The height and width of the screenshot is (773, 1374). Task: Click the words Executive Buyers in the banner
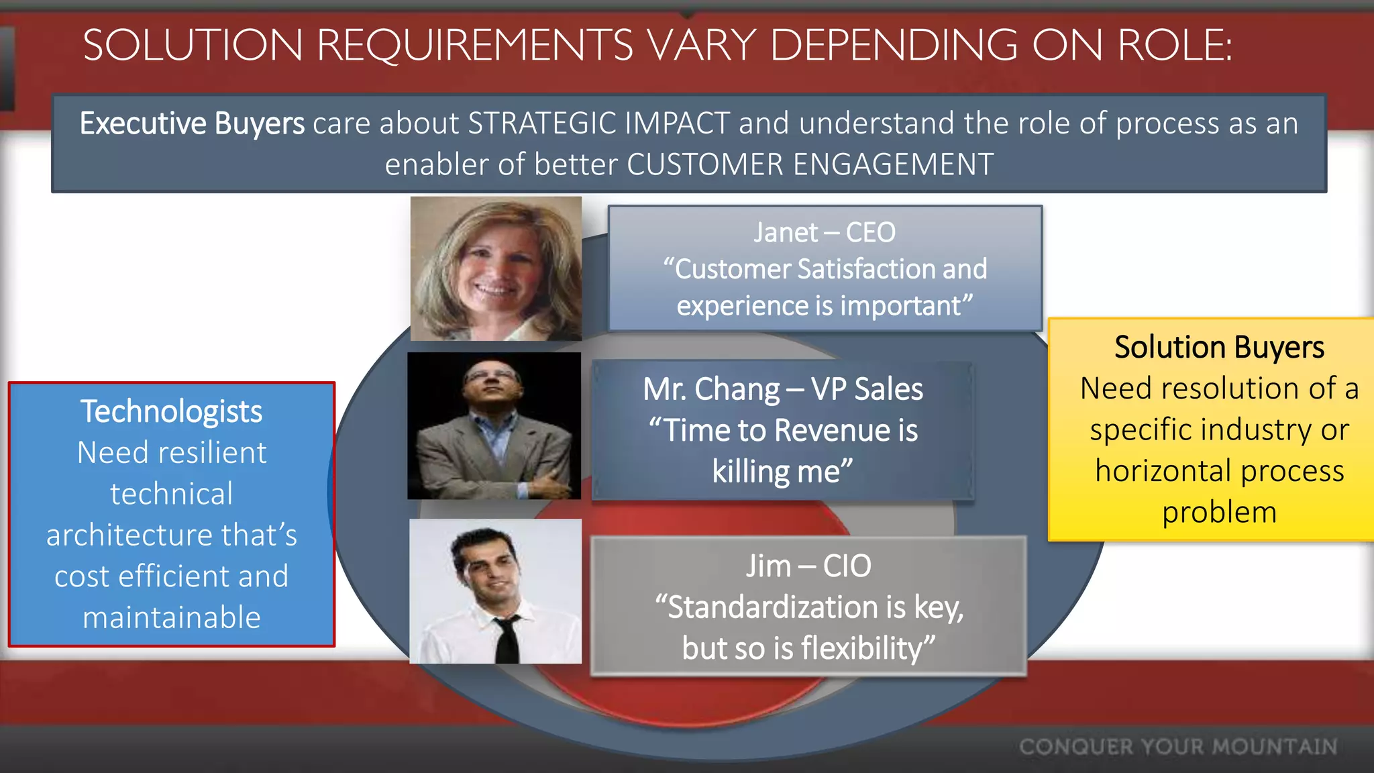(x=192, y=123)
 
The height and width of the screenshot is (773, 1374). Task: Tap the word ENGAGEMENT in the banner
(x=893, y=164)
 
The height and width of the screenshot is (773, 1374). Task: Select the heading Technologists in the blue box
(x=171, y=411)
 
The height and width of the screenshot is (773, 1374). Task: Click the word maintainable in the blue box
(x=171, y=617)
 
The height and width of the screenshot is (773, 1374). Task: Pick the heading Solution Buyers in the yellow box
(x=1218, y=348)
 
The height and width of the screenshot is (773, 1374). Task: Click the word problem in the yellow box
(x=1218, y=513)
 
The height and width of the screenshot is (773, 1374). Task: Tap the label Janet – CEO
(x=824, y=233)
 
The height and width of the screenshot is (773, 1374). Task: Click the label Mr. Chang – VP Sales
(x=782, y=389)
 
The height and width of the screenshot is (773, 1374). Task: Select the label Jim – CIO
(x=808, y=566)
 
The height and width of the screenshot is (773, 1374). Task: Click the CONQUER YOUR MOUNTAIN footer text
(x=1177, y=747)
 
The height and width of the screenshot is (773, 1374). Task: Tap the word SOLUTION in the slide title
(x=193, y=46)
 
